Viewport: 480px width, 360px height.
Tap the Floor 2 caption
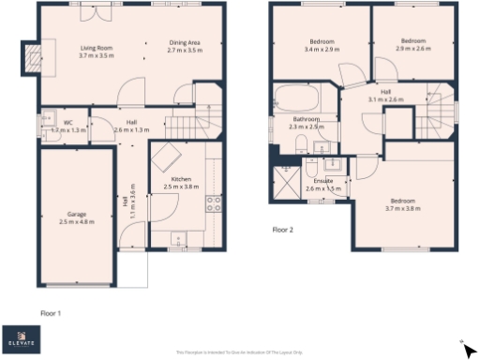(x=283, y=229)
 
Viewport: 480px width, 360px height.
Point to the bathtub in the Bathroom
(x=297, y=97)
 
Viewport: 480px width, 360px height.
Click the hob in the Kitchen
(x=213, y=202)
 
